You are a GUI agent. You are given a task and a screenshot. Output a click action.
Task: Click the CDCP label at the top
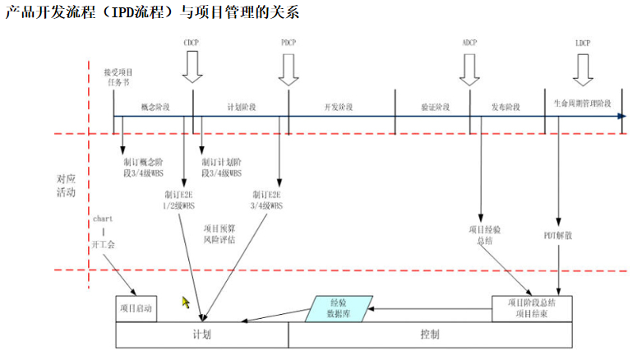pyautogui.click(x=192, y=42)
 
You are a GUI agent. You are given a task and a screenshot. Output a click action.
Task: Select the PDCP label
pyautogui.click(x=288, y=42)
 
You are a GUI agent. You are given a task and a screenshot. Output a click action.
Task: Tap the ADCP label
pyautogui.click(x=469, y=42)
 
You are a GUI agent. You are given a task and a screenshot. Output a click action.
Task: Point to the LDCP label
pyautogui.click(x=583, y=42)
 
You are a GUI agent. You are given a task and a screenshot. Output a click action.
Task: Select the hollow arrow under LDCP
pyautogui.click(x=583, y=71)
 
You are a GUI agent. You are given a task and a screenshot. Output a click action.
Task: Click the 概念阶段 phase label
pyautogui.click(x=155, y=107)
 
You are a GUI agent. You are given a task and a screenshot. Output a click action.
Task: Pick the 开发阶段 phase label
pyautogui.click(x=339, y=107)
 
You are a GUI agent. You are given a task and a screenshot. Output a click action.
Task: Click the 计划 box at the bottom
pyautogui.click(x=201, y=335)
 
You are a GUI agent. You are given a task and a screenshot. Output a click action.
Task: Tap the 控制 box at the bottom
pyautogui.click(x=429, y=335)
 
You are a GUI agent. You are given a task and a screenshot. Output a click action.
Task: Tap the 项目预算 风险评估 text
pyautogui.click(x=219, y=234)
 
